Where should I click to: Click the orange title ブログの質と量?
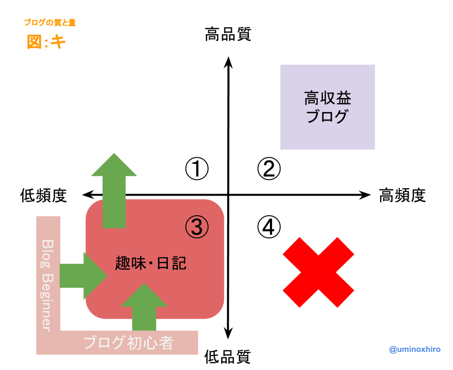(50, 23)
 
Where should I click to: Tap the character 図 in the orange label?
(34, 42)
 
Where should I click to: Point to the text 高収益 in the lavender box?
(327, 98)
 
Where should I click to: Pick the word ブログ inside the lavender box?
(327, 117)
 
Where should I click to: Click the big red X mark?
(318, 272)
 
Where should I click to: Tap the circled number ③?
(197, 227)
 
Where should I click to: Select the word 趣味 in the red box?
(129, 263)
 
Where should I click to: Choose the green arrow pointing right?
(80, 275)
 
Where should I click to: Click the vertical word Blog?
(47, 253)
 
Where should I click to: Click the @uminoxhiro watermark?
(415, 349)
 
